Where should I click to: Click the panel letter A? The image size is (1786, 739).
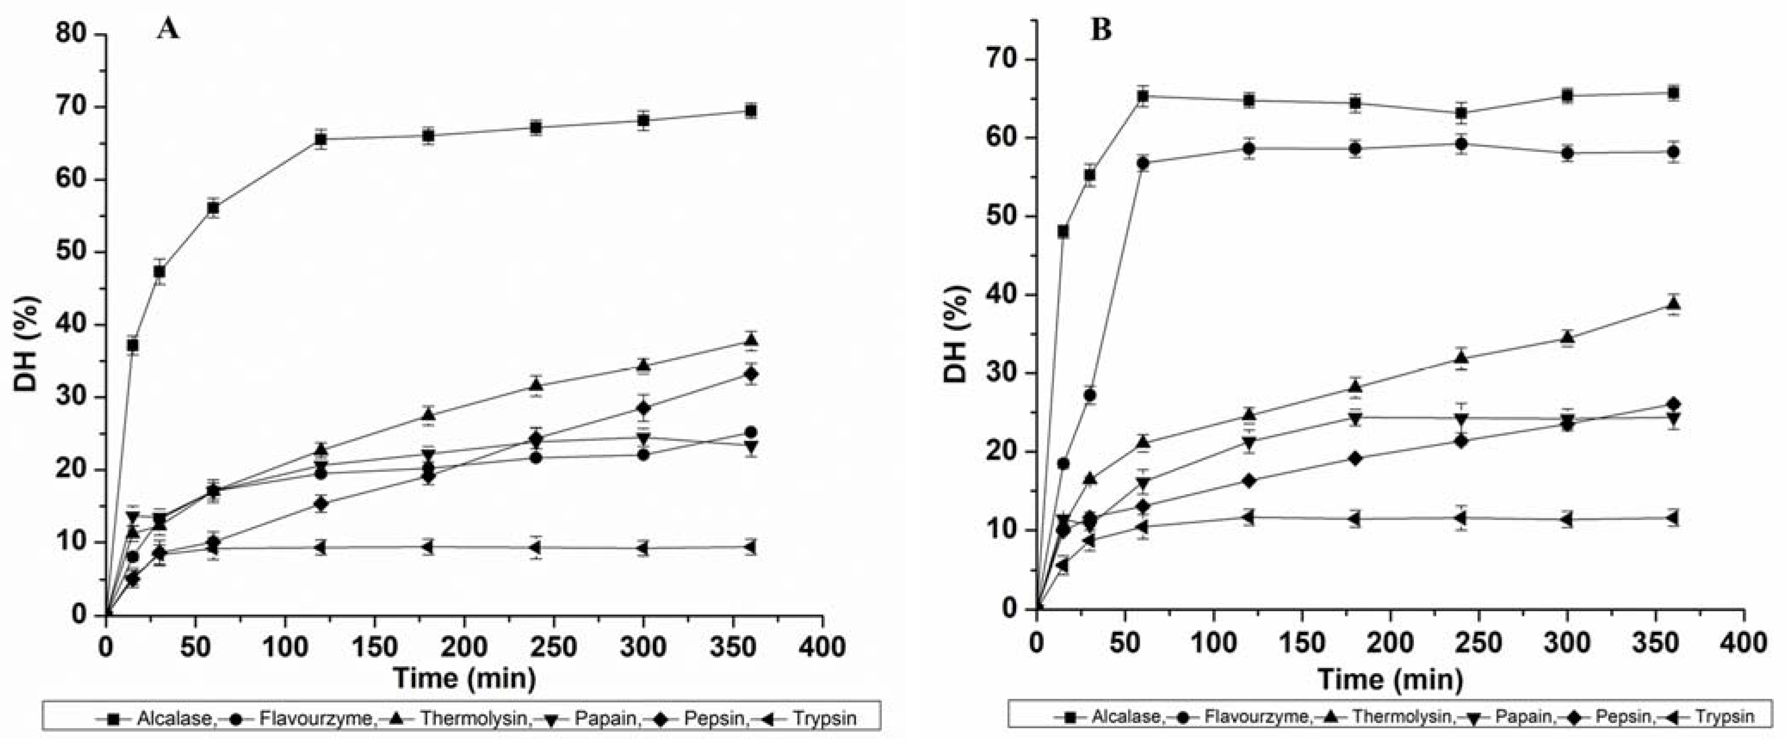pyautogui.click(x=168, y=29)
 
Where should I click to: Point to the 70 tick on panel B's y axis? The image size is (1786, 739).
pyautogui.click(x=1003, y=60)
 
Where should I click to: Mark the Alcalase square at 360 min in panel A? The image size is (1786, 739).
pyautogui.click(x=750, y=111)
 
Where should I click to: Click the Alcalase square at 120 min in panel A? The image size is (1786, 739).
pyautogui.click(x=320, y=139)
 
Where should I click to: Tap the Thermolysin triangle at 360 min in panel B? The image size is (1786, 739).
pyautogui.click(x=1672, y=303)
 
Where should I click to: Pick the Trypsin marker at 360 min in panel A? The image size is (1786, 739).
pyautogui.click(x=750, y=547)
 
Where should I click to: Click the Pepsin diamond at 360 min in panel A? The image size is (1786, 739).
pyautogui.click(x=750, y=374)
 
